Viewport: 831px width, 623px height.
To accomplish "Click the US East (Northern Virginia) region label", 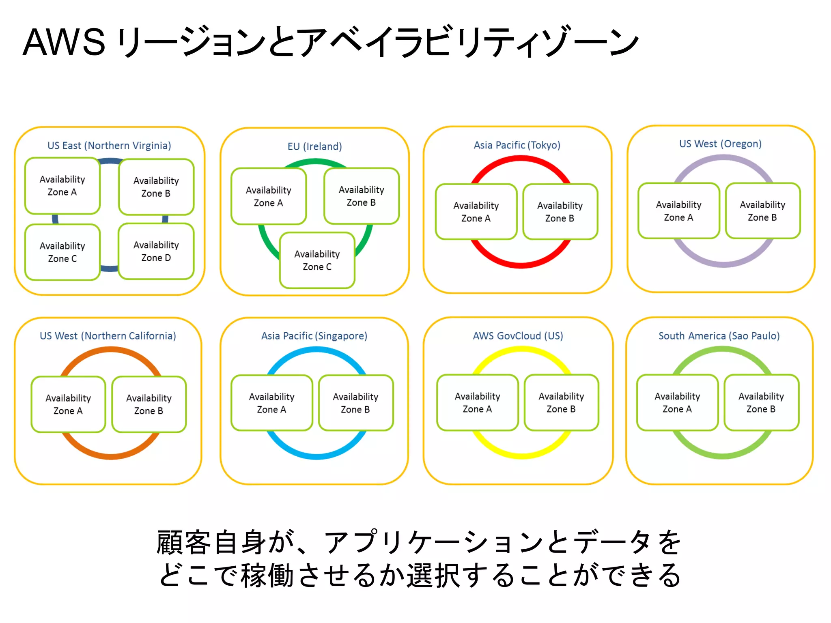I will pyautogui.click(x=109, y=146).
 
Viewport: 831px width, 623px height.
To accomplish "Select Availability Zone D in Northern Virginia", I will pyautogui.click(x=156, y=251).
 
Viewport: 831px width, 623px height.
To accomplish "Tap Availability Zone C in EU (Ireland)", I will pyautogui.click(x=317, y=260).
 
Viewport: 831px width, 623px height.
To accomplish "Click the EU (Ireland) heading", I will pyautogui.click(x=314, y=146).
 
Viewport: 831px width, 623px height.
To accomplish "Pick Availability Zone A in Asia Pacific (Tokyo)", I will pyautogui.click(x=476, y=212).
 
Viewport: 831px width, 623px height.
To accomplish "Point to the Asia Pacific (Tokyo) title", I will pyautogui.click(x=517, y=145).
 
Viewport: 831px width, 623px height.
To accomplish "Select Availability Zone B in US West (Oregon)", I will pyautogui.click(x=762, y=211).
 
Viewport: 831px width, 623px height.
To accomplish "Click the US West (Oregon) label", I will pyautogui.click(x=720, y=144).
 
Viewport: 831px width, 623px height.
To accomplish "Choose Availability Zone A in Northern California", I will pyautogui.click(x=68, y=404).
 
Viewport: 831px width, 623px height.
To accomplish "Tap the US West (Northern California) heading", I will pyautogui.click(x=108, y=336).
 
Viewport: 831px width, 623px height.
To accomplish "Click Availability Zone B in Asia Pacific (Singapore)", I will pyautogui.click(x=355, y=403).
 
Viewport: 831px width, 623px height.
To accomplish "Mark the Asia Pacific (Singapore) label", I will pyautogui.click(x=314, y=336).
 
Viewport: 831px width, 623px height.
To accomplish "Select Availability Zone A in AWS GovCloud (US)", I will pyautogui.click(x=477, y=402).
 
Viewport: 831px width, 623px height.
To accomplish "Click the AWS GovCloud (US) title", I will pyautogui.click(x=518, y=336).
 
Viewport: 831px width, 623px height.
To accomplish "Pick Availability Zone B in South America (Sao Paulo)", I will pyautogui.click(x=761, y=402).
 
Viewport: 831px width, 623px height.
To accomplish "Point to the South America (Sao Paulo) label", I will pyautogui.click(x=719, y=336).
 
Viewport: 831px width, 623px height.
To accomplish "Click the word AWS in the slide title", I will pyautogui.click(x=64, y=42).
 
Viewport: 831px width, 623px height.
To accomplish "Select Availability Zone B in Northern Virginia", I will pyautogui.click(x=156, y=187).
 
